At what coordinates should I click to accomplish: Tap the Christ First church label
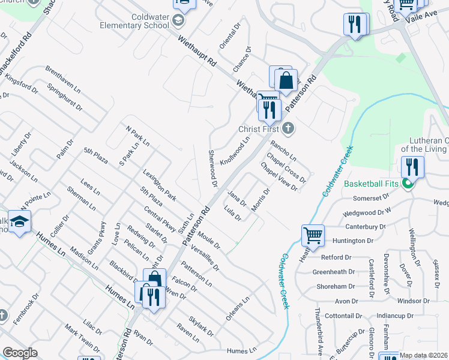click(260, 128)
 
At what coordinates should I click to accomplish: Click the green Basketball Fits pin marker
click(408, 184)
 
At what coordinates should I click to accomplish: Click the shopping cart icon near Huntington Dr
click(313, 236)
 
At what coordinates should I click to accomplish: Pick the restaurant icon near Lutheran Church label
click(412, 166)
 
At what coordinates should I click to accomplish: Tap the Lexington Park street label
click(160, 185)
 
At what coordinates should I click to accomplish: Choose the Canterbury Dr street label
click(366, 227)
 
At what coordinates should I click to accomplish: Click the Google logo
click(20, 353)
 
